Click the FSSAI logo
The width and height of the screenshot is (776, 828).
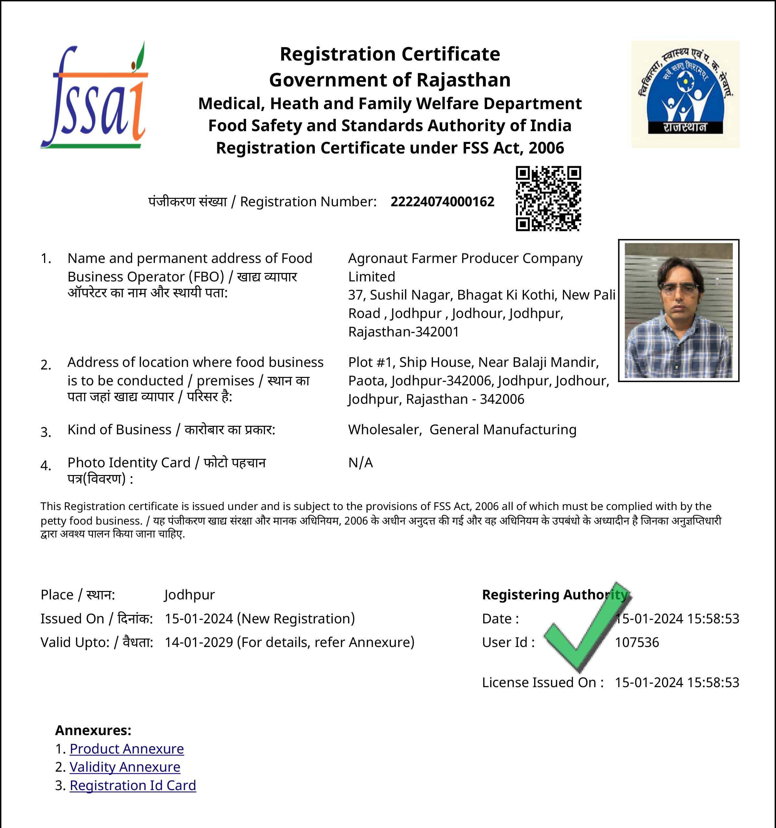point(94,96)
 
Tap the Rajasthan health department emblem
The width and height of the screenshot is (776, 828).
point(685,94)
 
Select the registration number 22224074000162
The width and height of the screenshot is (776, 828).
point(442,202)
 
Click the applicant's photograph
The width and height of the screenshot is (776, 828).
point(679,310)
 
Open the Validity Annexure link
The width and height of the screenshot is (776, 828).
point(125,767)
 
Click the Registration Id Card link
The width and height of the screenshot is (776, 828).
point(133,785)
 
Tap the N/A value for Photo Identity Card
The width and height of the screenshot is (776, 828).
point(360,462)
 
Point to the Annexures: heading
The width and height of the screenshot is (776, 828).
point(93,730)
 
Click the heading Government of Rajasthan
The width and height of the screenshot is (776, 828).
point(390,80)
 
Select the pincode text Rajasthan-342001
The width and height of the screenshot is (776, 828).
point(404,332)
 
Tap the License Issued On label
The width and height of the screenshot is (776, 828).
point(542,682)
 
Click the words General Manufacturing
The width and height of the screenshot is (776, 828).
point(503,429)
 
